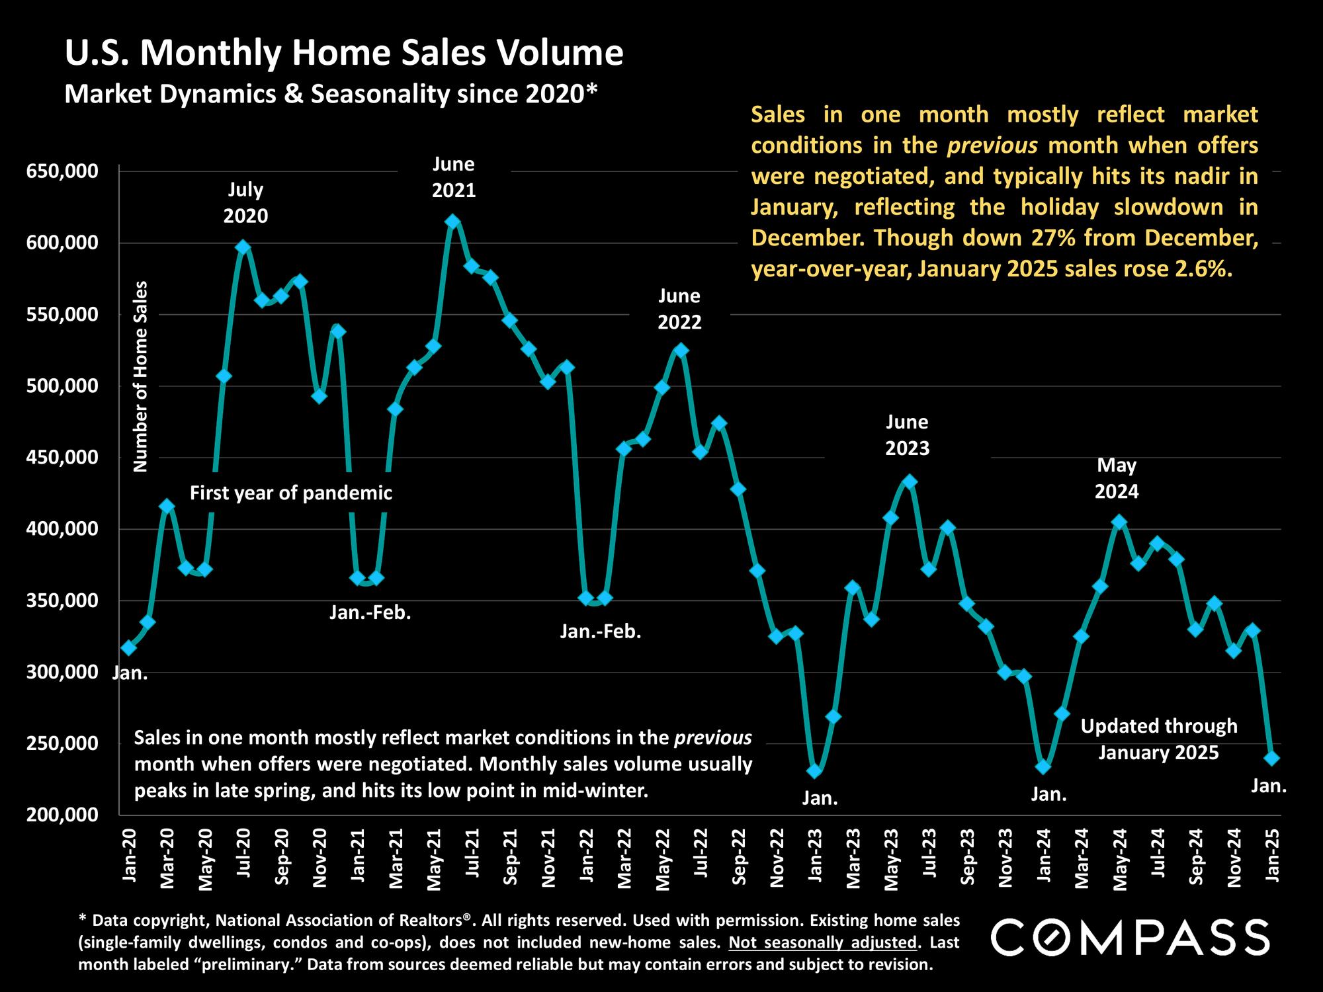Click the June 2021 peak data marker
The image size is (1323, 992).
(452, 222)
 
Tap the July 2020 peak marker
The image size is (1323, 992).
(243, 247)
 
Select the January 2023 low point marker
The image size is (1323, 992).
(815, 771)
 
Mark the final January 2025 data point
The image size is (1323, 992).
(1271, 758)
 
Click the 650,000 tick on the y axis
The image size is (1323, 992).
(62, 172)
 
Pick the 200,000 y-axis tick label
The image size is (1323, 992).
(62, 815)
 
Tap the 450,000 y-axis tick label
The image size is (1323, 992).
(62, 458)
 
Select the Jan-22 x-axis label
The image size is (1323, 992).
(586, 854)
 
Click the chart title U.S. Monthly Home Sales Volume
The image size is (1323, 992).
(344, 53)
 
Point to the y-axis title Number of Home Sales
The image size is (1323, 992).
(141, 376)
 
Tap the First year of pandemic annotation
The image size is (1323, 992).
(291, 493)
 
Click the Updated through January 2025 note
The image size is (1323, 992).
(1159, 739)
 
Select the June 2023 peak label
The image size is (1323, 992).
(908, 435)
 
